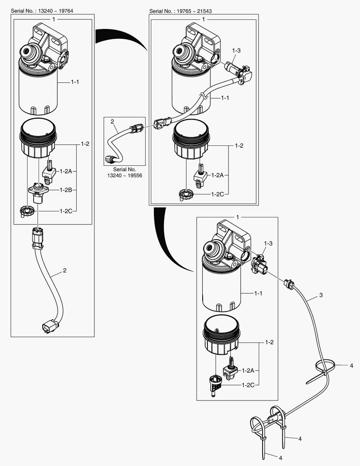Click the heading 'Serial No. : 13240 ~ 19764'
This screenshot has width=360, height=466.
click(x=42, y=10)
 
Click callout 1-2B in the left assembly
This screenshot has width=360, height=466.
click(x=66, y=189)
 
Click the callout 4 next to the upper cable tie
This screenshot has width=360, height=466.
click(x=351, y=365)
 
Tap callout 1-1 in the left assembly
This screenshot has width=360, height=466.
click(x=75, y=82)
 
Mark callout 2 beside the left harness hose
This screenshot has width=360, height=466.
click(x=65, y=271)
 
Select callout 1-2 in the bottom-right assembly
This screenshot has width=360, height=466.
click(x=269, y=342)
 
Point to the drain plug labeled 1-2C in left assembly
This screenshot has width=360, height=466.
click(x=27, y=211)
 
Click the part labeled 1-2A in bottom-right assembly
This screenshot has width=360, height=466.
click(x=229, y=370)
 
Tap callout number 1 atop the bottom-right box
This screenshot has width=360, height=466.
click(x=238, y=216)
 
